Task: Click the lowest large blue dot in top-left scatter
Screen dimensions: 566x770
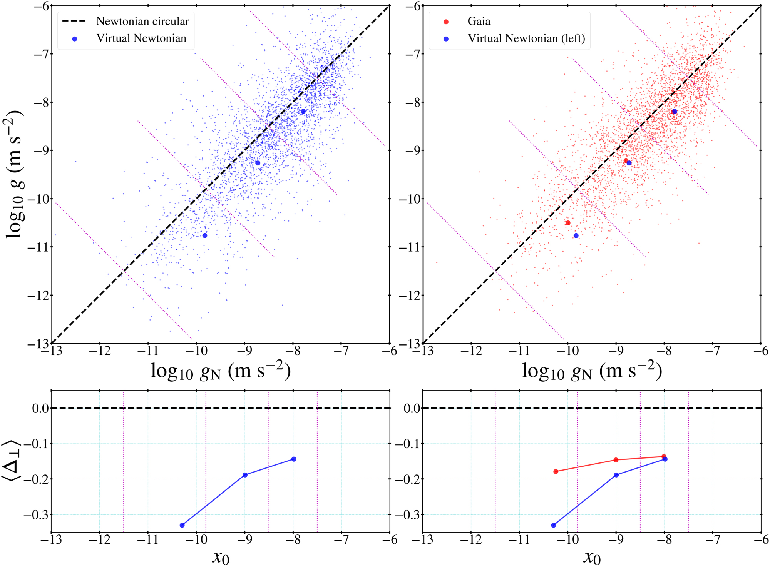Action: tap(205, 235)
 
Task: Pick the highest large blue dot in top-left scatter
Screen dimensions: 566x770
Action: tap(303, 112)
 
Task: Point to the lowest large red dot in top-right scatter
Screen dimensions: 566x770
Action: tap(568, 223)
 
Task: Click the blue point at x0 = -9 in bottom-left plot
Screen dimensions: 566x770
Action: tap(245, 475)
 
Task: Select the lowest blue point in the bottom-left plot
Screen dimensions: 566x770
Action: tap(182, 525)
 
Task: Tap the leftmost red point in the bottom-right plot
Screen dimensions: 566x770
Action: tap(556, 471)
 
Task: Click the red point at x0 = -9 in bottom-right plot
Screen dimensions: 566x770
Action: tap(616, 460)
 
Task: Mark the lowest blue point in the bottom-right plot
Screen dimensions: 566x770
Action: tap(554, 525)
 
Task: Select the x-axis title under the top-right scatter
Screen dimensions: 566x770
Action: tap(592, 371)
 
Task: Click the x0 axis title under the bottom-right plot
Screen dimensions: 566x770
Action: tap(592, 557)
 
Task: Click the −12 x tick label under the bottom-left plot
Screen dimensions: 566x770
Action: tap(99, 540)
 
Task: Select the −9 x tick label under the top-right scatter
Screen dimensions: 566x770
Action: tap(616, 351)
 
